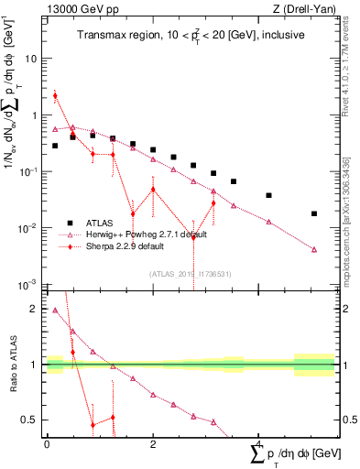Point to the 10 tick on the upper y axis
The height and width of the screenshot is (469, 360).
[34, 59]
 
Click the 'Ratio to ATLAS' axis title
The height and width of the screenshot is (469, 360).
[12, 365]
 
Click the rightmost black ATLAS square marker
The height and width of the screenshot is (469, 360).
[314, 213]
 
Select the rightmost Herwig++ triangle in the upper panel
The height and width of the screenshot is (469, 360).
[314, 249]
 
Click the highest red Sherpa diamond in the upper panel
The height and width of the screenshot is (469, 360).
[55, 95]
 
